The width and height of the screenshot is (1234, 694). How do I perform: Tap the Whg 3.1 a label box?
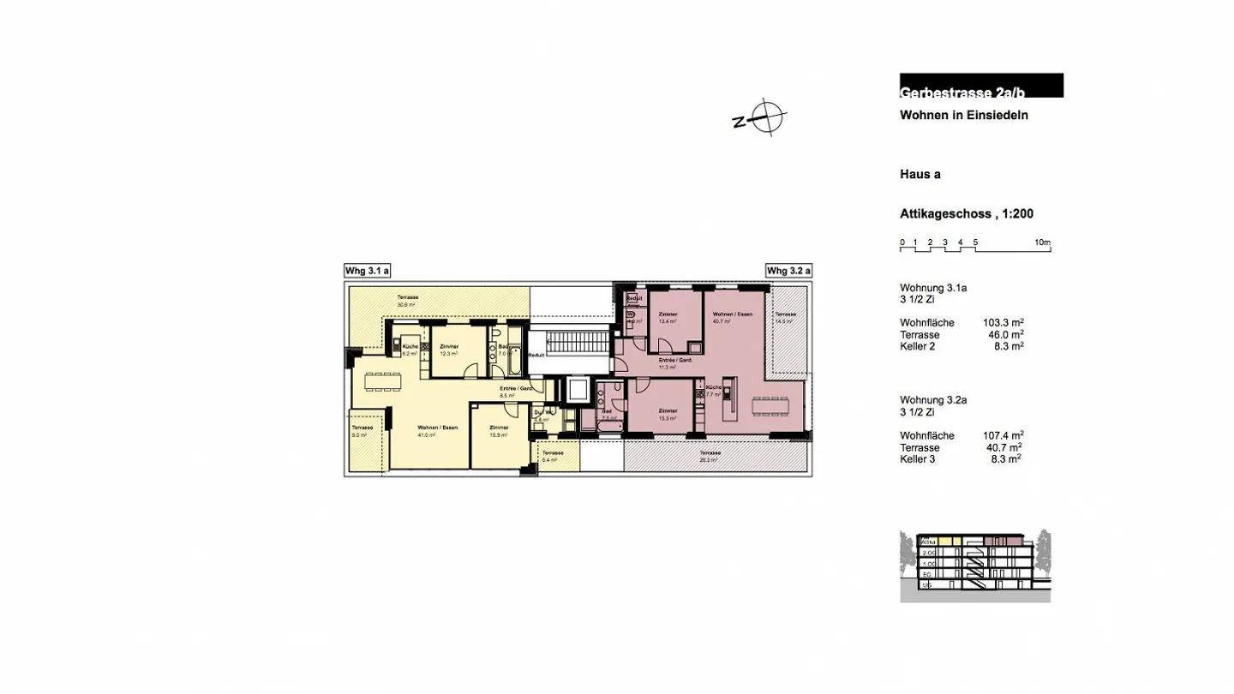point(367,271)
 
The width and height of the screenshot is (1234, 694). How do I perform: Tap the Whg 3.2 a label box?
point(788,271)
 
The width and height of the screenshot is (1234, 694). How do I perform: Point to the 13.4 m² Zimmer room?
point(668,318)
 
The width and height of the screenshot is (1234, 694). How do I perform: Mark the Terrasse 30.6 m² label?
point(406,300)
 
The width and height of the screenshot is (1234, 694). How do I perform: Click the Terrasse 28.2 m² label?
point(709,456)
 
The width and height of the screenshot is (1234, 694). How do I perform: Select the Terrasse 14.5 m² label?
point(785,318)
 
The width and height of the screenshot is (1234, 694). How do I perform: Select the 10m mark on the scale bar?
point(1042,242)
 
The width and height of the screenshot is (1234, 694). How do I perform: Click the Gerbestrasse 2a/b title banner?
point(981,86)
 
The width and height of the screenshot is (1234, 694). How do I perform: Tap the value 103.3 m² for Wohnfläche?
point(1003,323)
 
